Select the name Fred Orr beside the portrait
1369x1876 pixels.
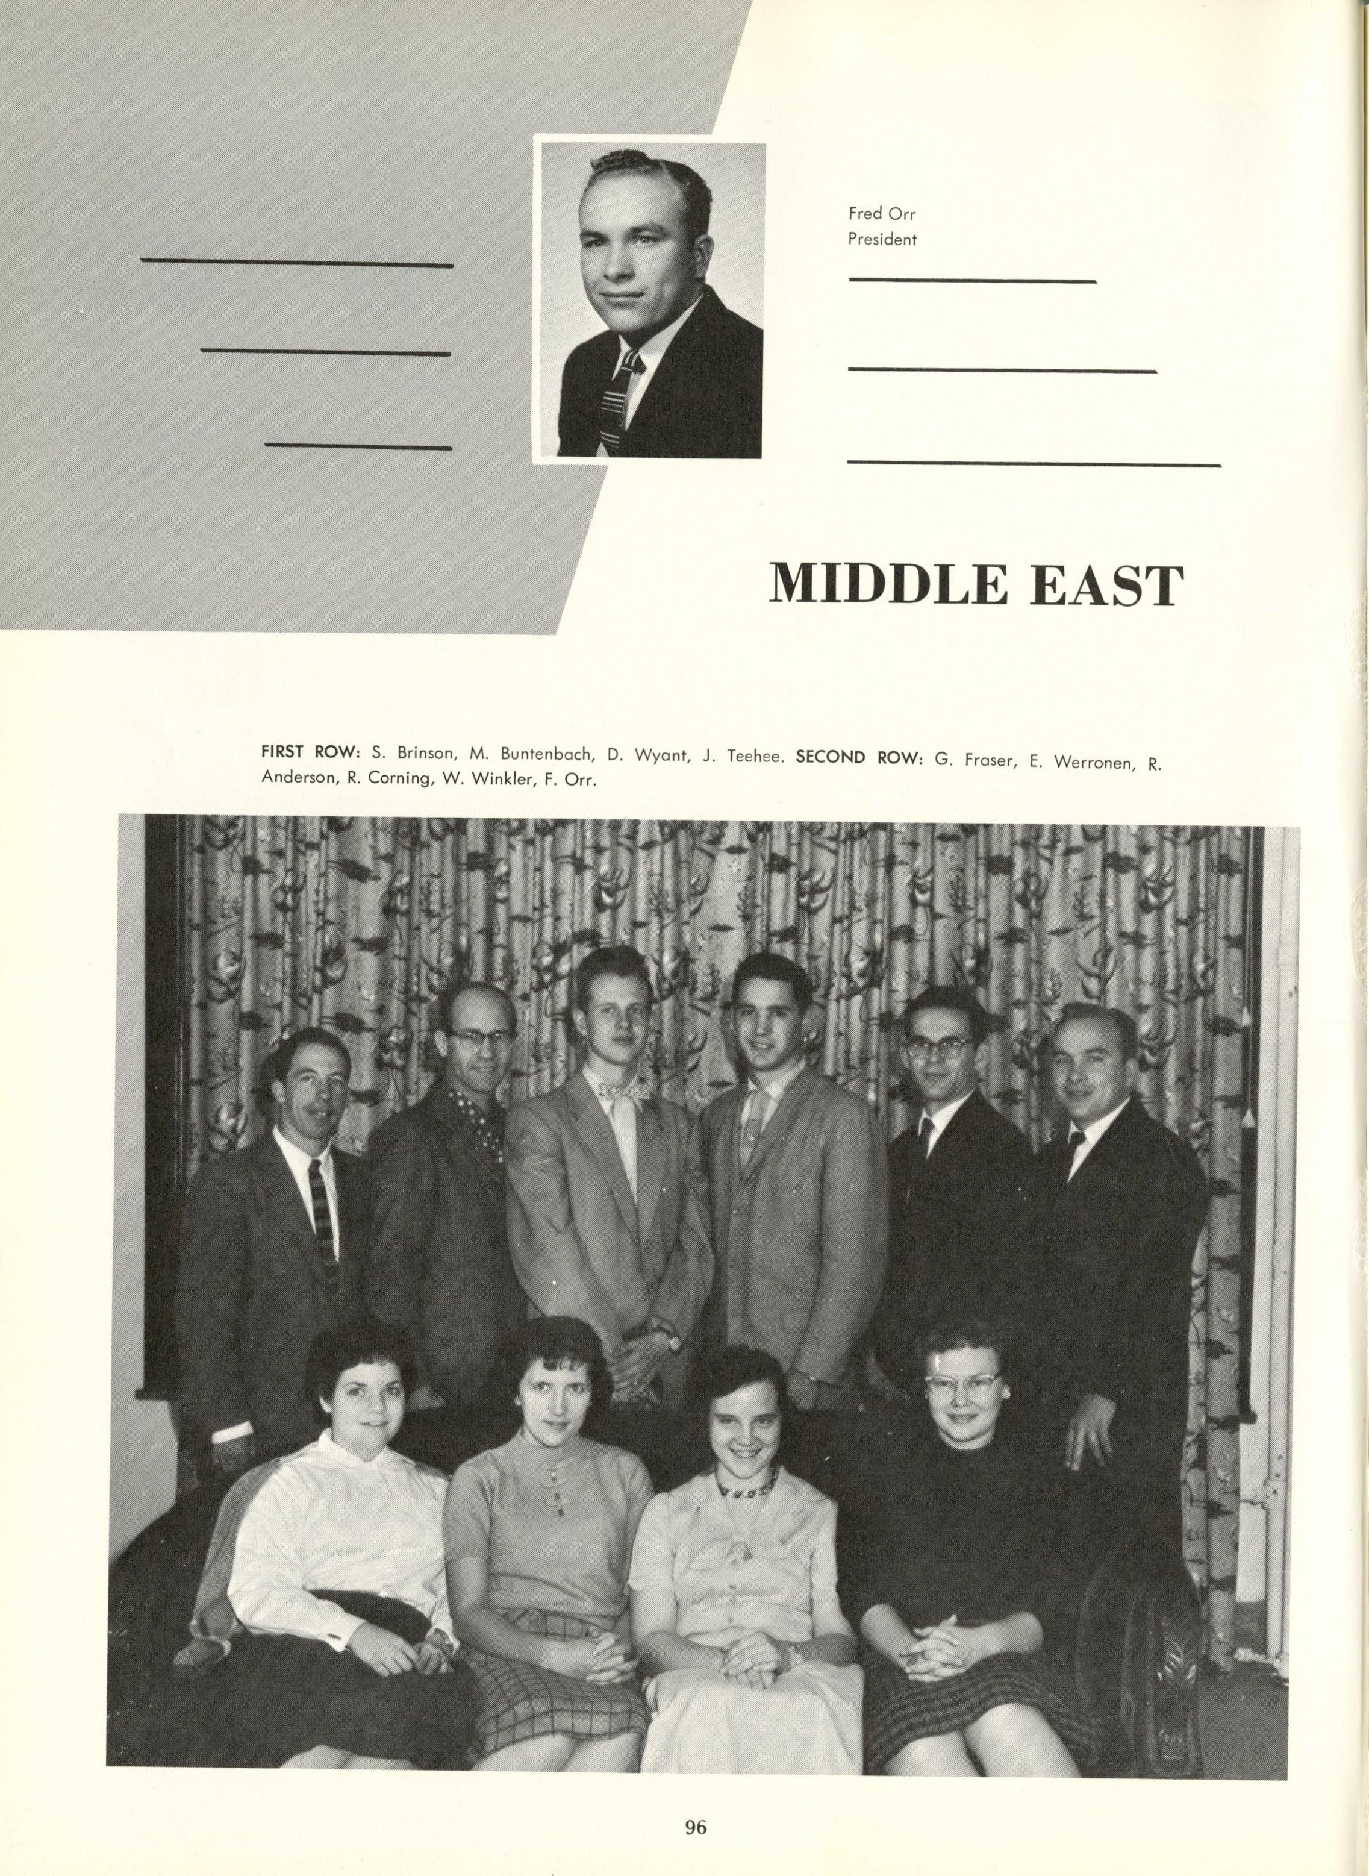point(882,214)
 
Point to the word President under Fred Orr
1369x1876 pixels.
point(882,240)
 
